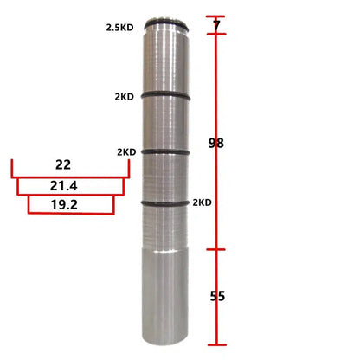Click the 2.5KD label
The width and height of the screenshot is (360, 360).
coord(120,28)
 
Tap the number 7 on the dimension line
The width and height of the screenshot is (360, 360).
coord(216,26)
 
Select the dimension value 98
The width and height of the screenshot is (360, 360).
coord(216,143)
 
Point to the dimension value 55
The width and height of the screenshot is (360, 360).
coord(217,296)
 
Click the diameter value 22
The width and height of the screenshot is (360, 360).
coord(63,164)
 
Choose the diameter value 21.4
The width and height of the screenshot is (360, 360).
coord(63,186)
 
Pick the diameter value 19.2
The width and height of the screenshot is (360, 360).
coord(64,205)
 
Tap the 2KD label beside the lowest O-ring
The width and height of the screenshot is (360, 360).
coord(202,202)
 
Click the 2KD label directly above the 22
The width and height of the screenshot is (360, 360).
coord(126,152)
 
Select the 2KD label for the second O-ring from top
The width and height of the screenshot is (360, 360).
coord(125,97)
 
